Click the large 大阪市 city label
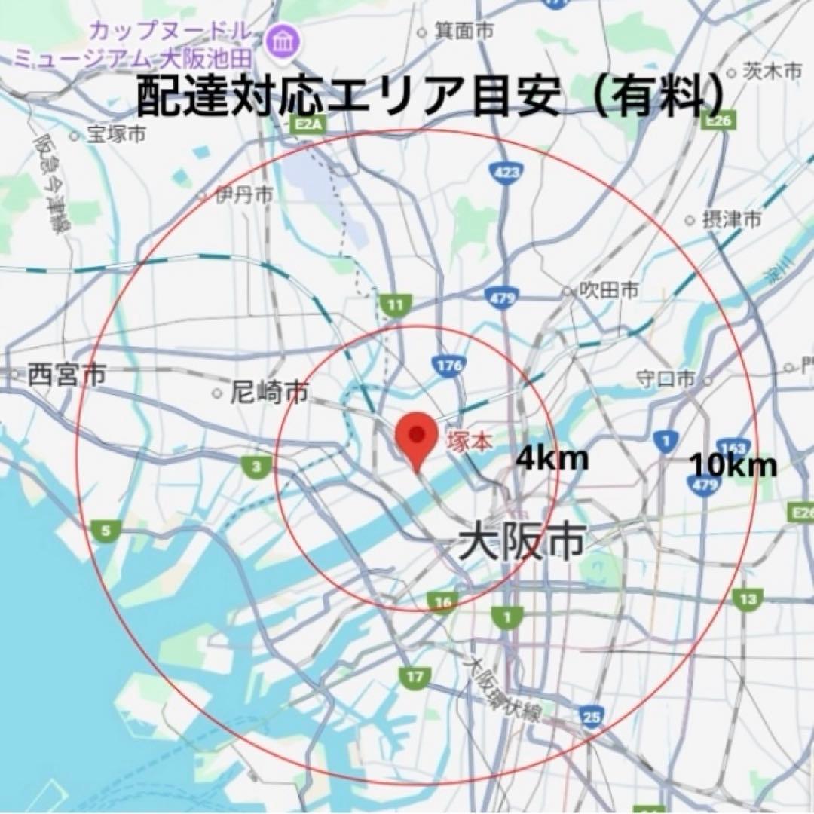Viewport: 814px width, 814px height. point(522,542)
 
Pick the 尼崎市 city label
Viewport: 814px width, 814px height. point(269,392)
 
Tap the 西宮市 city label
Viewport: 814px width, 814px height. point(66,375)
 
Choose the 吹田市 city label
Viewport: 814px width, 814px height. point(610,289)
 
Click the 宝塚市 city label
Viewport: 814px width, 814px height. point(116,135)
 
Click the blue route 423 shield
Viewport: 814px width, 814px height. point(504,173)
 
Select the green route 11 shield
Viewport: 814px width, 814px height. point(393,305)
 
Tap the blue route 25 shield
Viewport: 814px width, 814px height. point(592,717)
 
